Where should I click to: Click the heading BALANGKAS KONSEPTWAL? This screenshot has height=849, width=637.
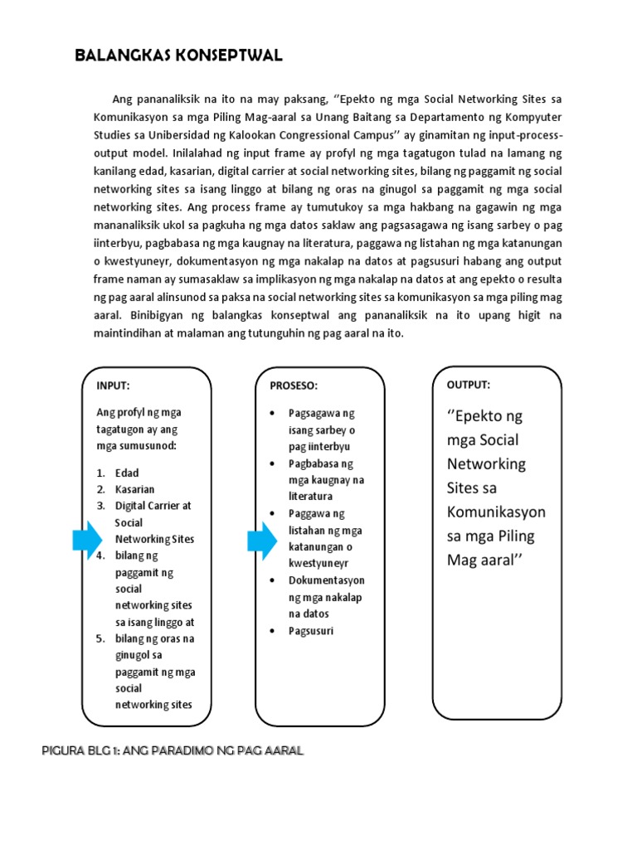pyautogui.click(x=178, y=56)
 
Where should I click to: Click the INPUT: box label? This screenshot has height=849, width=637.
pyautogui.click(x=113, y=386)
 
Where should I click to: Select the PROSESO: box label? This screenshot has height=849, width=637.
pyautogui.click(x=294, y=386)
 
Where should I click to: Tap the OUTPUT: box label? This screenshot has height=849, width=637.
pyautogui.click(x=469, y=385)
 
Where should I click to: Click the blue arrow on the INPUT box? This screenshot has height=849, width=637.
pyautogui.click(x=86, y=541)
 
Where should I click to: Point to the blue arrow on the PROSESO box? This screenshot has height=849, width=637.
pyautogui.click(x=260, y=541)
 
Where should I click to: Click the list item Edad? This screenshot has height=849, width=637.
pyautogui.click(x=127, y=473)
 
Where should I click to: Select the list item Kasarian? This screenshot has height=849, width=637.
pyautogui.click(x=134, y=489)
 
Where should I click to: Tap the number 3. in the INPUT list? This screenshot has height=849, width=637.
pyautogui.click(x=100, y=506)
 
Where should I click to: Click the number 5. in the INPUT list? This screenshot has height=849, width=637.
pyautogui.click(x=100, y=638)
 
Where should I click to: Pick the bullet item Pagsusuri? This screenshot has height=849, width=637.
pyautogui.click(x=310, y=631)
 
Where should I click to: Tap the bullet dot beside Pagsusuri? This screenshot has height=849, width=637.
pyautogui.click(x=272, y=631)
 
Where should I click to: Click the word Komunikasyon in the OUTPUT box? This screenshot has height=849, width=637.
pyautogui.click(x=496, y=512)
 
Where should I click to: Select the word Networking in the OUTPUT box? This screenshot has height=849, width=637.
pyautogui.click(x=487, y=463)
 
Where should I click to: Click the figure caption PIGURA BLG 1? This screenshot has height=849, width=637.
pyautogui.click(x=173, y=751)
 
